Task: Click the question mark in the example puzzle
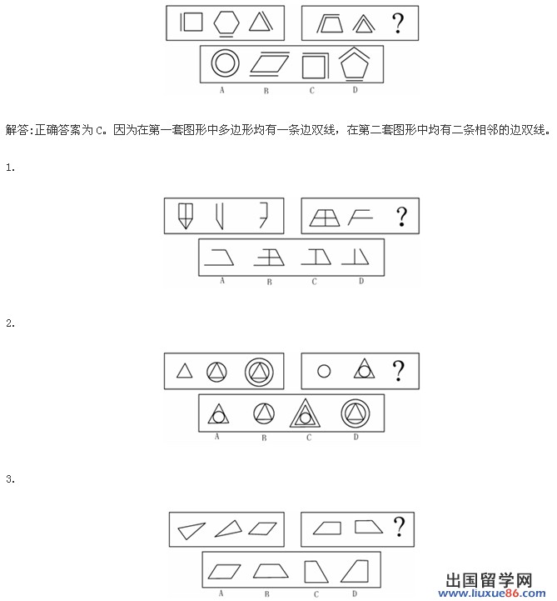point(398,23)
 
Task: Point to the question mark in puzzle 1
point(401,216)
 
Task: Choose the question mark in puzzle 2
point(399,370)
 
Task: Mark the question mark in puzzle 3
point(399,526)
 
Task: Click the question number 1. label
point(10,168)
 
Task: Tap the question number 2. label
point(10,323)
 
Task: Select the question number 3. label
point(10,479)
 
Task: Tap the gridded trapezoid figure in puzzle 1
point(325,217)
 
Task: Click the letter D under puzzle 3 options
point(355,593)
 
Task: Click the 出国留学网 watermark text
point(489,581)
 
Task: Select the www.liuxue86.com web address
point(492,594)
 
